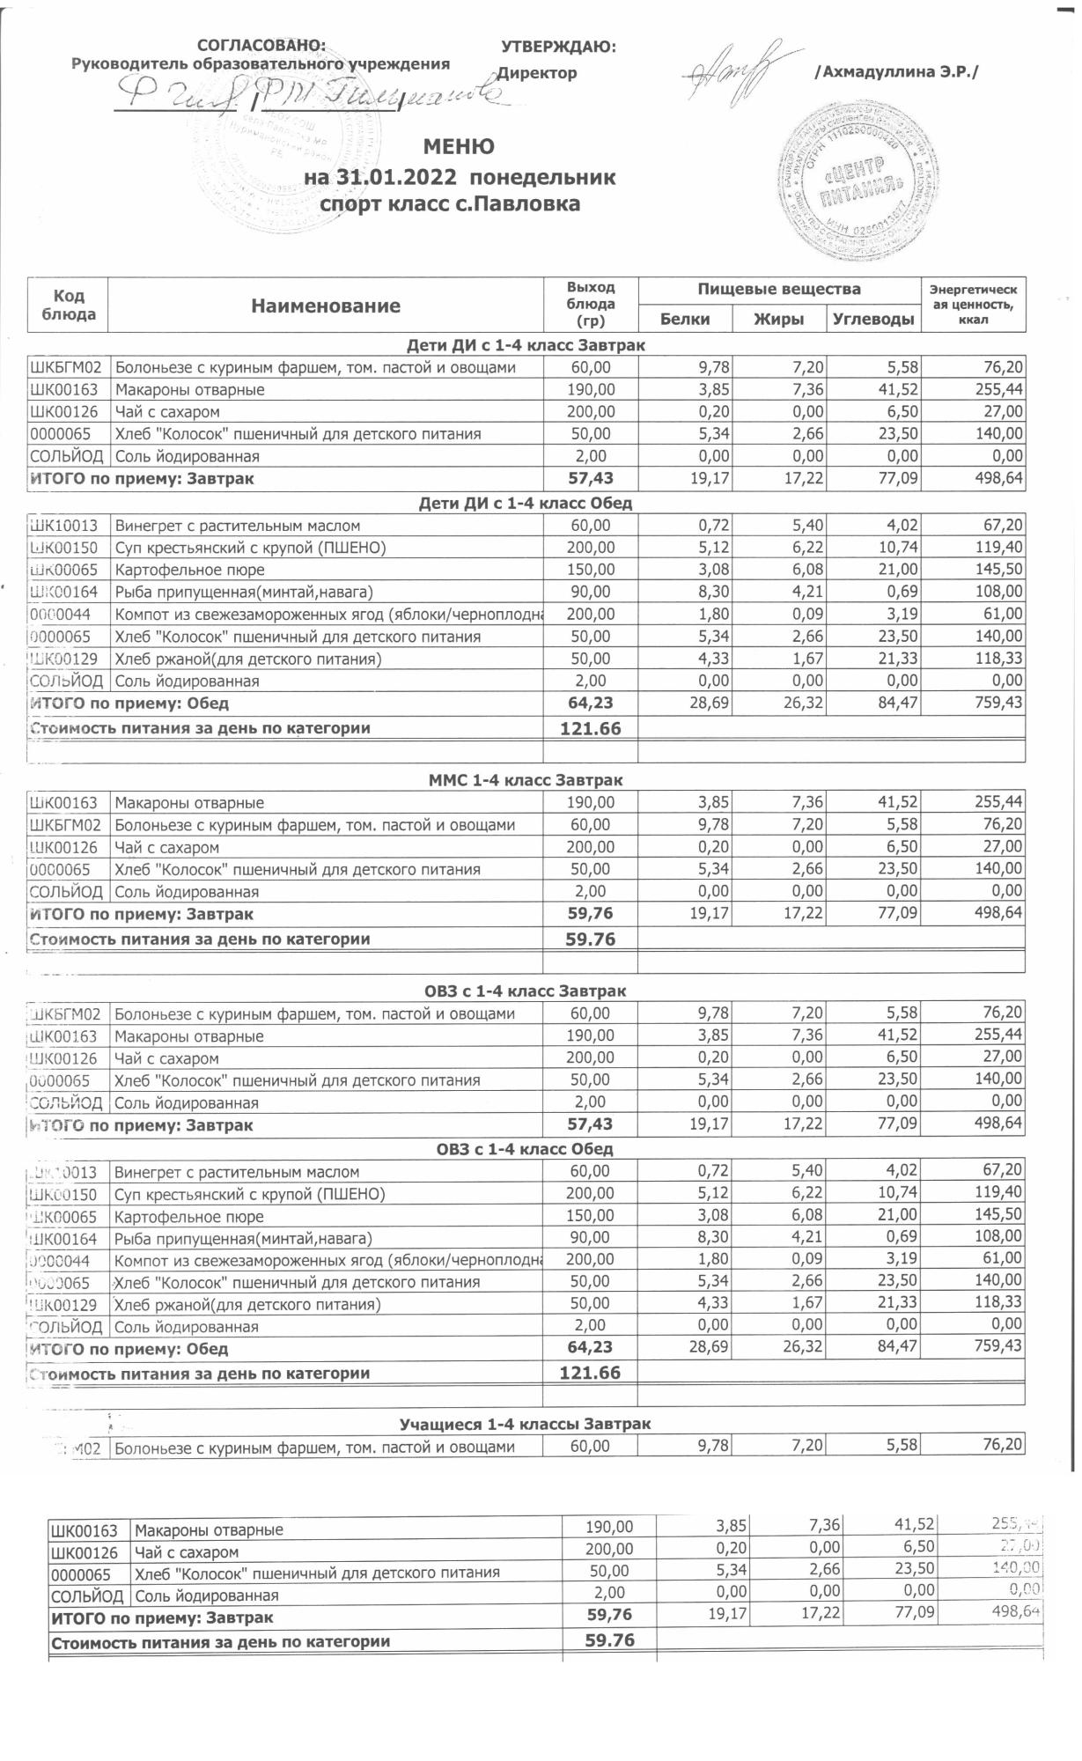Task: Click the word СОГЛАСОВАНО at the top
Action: (261, 45)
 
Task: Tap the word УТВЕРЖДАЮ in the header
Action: (558, 47)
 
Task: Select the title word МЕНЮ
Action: (459, 146)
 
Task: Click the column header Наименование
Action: (325, 306)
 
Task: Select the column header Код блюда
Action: (69, 305)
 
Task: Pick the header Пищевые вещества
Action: (778, 289)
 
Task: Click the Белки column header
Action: (684, 319)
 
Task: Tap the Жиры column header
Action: (778, 319)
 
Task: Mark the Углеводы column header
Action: (872, 319)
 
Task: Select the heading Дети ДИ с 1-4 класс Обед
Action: (526, 503)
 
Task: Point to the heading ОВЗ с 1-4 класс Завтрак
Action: (526, 991)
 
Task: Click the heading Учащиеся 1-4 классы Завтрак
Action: (525, 1424)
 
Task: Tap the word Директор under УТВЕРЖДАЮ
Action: (537, 73)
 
